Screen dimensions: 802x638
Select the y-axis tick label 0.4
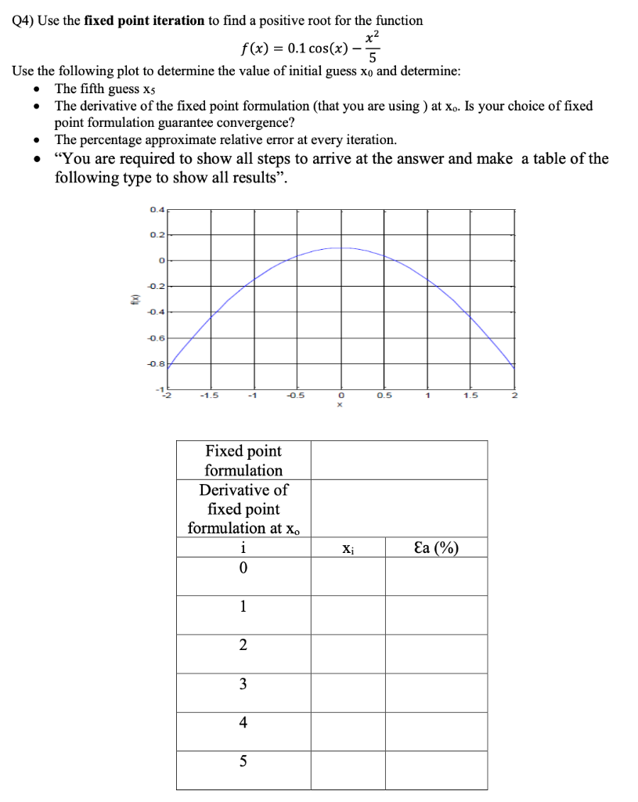157,209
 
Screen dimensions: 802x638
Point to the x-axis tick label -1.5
209,395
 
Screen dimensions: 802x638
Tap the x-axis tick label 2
514,395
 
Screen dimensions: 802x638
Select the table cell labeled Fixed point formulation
243,461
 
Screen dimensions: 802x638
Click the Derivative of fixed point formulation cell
243,508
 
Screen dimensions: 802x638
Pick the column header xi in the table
348,547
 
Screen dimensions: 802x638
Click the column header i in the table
243,547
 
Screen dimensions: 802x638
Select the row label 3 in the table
243,684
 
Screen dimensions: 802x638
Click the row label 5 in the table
243,761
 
